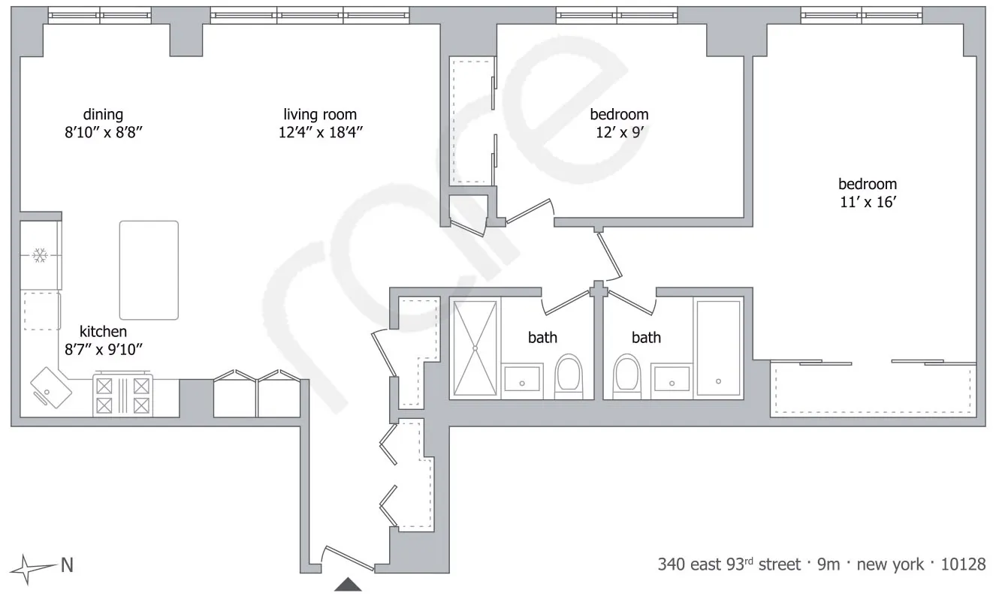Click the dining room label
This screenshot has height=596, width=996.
tap(104, 115)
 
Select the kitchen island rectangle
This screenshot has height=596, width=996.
tap(149, 270)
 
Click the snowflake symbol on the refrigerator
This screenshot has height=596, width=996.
tap(40, 256)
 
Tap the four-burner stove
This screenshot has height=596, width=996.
tap(122, 395)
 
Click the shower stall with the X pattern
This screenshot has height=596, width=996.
tap(475, 348)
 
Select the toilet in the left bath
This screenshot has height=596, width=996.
tap(569, 376)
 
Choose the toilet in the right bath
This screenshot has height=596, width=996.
tap(626, 376)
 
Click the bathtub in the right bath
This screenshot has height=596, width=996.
tap(719, 348)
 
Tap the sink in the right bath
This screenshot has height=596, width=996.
tap(672, 379)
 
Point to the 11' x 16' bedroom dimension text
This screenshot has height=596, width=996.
tap(868, 202)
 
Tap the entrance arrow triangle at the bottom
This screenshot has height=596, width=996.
tap(348, 585)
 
